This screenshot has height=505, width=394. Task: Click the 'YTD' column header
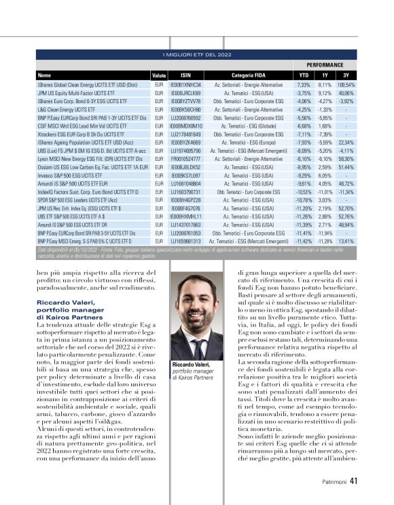(x=304, y=75)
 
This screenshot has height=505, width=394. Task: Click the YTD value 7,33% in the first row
(x=304, y=84)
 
